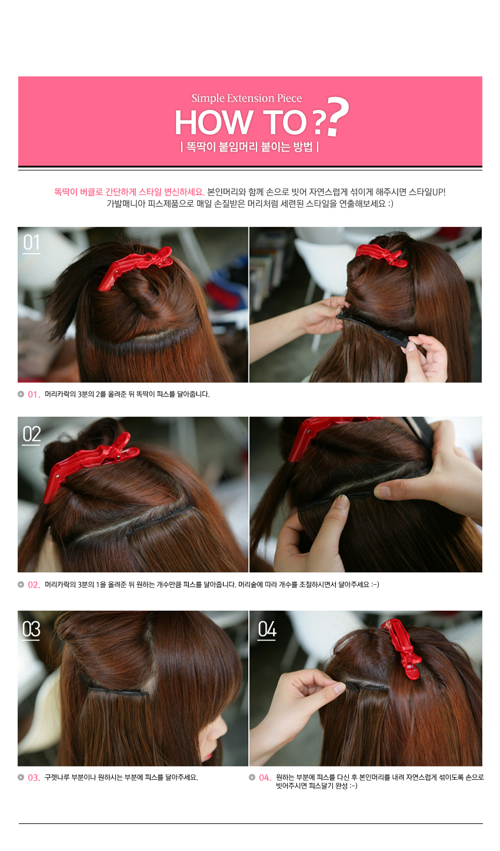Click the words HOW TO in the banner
[241, 122]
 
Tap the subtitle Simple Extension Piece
[246, 98]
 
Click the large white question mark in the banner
[338, 116]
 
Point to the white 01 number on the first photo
[31, 242]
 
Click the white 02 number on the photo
[31, 434]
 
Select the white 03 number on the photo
[31, 629]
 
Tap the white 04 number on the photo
[267, 629]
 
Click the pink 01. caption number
[34, 394]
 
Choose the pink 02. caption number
[34, 585]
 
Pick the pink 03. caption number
[34, 778]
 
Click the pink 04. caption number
[265, 778]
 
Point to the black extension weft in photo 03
[118, 691]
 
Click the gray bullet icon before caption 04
[252, 778]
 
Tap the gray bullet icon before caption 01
[21, 394]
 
